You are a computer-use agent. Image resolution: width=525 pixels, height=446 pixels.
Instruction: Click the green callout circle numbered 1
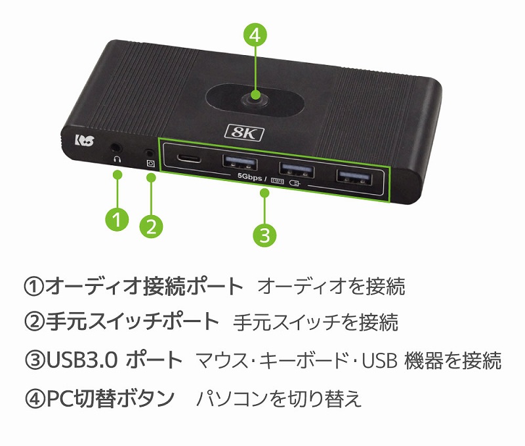pos(117,220)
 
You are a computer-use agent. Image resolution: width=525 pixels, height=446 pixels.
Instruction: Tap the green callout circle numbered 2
pos(152,226)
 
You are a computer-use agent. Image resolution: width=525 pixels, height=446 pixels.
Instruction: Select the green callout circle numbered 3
pos(264,235)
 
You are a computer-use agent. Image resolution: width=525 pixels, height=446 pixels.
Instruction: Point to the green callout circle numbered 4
pos(255,35)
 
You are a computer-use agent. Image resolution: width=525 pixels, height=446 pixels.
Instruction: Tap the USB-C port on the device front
pos(189,158)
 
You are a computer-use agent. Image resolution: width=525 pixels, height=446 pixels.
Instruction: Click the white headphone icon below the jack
pos(117,159)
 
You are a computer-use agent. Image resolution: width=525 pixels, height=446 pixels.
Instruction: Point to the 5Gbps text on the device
pos(250,176)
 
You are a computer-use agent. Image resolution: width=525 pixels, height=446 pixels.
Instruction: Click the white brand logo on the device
pos(85,140)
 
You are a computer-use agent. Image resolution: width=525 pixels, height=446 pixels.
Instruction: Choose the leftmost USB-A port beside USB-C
pos(240,163)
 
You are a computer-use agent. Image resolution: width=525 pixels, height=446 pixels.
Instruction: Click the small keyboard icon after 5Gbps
pos(277,181)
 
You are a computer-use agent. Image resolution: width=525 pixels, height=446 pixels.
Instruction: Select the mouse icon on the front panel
pos(294,183)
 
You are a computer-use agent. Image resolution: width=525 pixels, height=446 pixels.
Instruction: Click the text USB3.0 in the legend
pos(81,360)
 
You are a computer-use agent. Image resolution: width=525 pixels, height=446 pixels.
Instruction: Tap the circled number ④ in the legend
pos(35,399)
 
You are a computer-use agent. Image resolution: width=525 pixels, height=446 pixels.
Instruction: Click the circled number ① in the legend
pos(34,287)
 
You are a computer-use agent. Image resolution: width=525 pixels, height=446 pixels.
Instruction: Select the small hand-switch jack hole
pos(150,153)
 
